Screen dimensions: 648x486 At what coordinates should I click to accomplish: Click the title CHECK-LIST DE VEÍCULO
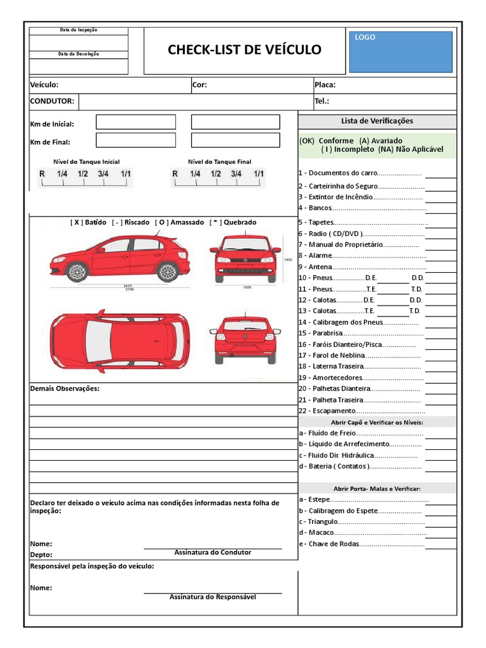(244, 50)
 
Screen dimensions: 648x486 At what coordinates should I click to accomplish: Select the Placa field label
(325, 85)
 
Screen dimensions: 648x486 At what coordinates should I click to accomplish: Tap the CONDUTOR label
(52, 101)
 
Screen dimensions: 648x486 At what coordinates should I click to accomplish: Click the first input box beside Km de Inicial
(135, 122)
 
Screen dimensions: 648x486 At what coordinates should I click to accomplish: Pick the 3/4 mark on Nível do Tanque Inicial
(103, 174)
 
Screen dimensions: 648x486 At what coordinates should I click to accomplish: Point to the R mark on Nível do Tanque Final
(174, 174)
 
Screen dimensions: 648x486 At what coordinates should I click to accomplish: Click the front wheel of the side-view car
(77, 272)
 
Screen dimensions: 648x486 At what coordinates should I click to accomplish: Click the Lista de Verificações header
(377, 121)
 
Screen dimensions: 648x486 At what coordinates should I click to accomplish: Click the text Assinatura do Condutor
(213, 552)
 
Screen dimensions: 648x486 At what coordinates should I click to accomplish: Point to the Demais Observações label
(65, 389)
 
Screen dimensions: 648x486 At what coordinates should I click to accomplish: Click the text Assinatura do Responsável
(213, 597)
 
